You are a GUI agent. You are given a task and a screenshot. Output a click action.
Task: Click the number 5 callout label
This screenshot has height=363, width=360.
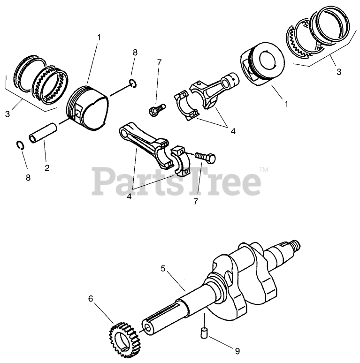[x=163, y=269]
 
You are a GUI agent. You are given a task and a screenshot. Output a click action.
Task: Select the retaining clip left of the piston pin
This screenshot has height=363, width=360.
[x=19, y=145]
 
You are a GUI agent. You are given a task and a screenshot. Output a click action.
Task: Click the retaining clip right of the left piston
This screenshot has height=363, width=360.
[x=133, y=83]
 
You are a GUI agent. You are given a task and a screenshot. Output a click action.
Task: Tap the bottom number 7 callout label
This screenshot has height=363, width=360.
[x=196, y=202]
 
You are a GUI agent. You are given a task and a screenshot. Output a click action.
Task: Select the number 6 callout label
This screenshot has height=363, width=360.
[x=91, y=298]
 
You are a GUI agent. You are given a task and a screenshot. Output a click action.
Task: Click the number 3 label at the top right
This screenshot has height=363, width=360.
[x=339, y=72]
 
